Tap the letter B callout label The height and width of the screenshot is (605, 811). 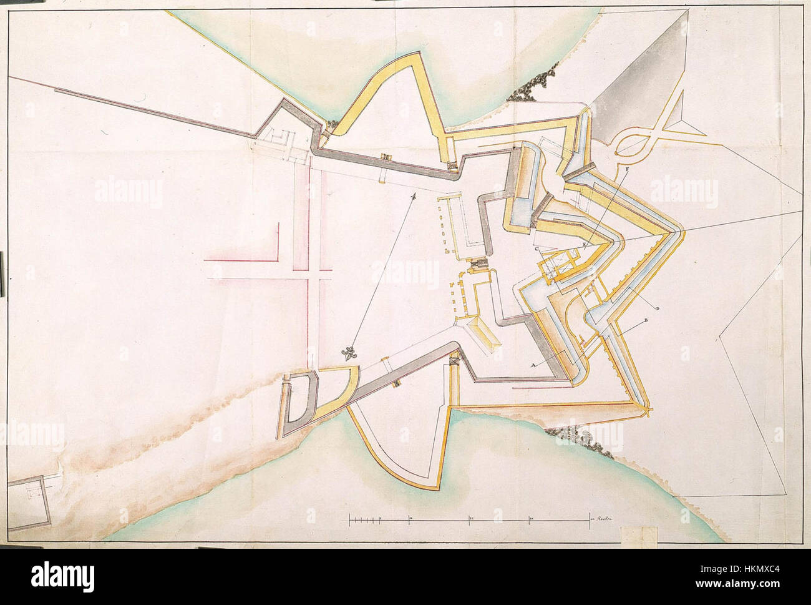coord(644,320)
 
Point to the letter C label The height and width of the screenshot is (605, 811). coord(536,248)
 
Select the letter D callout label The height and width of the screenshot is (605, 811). coord(658,308)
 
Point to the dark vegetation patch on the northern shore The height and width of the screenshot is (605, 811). coord(529,86)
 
